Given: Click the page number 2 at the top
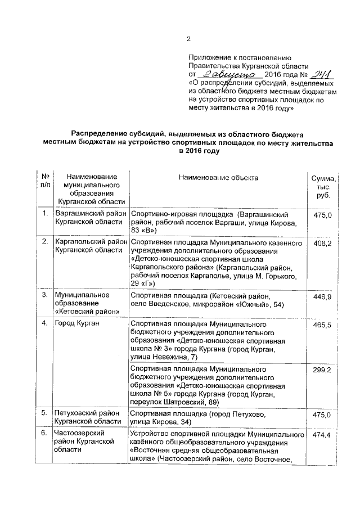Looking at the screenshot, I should pos(188,39).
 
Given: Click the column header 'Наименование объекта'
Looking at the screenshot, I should pos(218,178).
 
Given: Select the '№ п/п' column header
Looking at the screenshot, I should pos(43,181).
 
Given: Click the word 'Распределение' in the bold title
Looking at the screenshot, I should pos(100,134).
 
